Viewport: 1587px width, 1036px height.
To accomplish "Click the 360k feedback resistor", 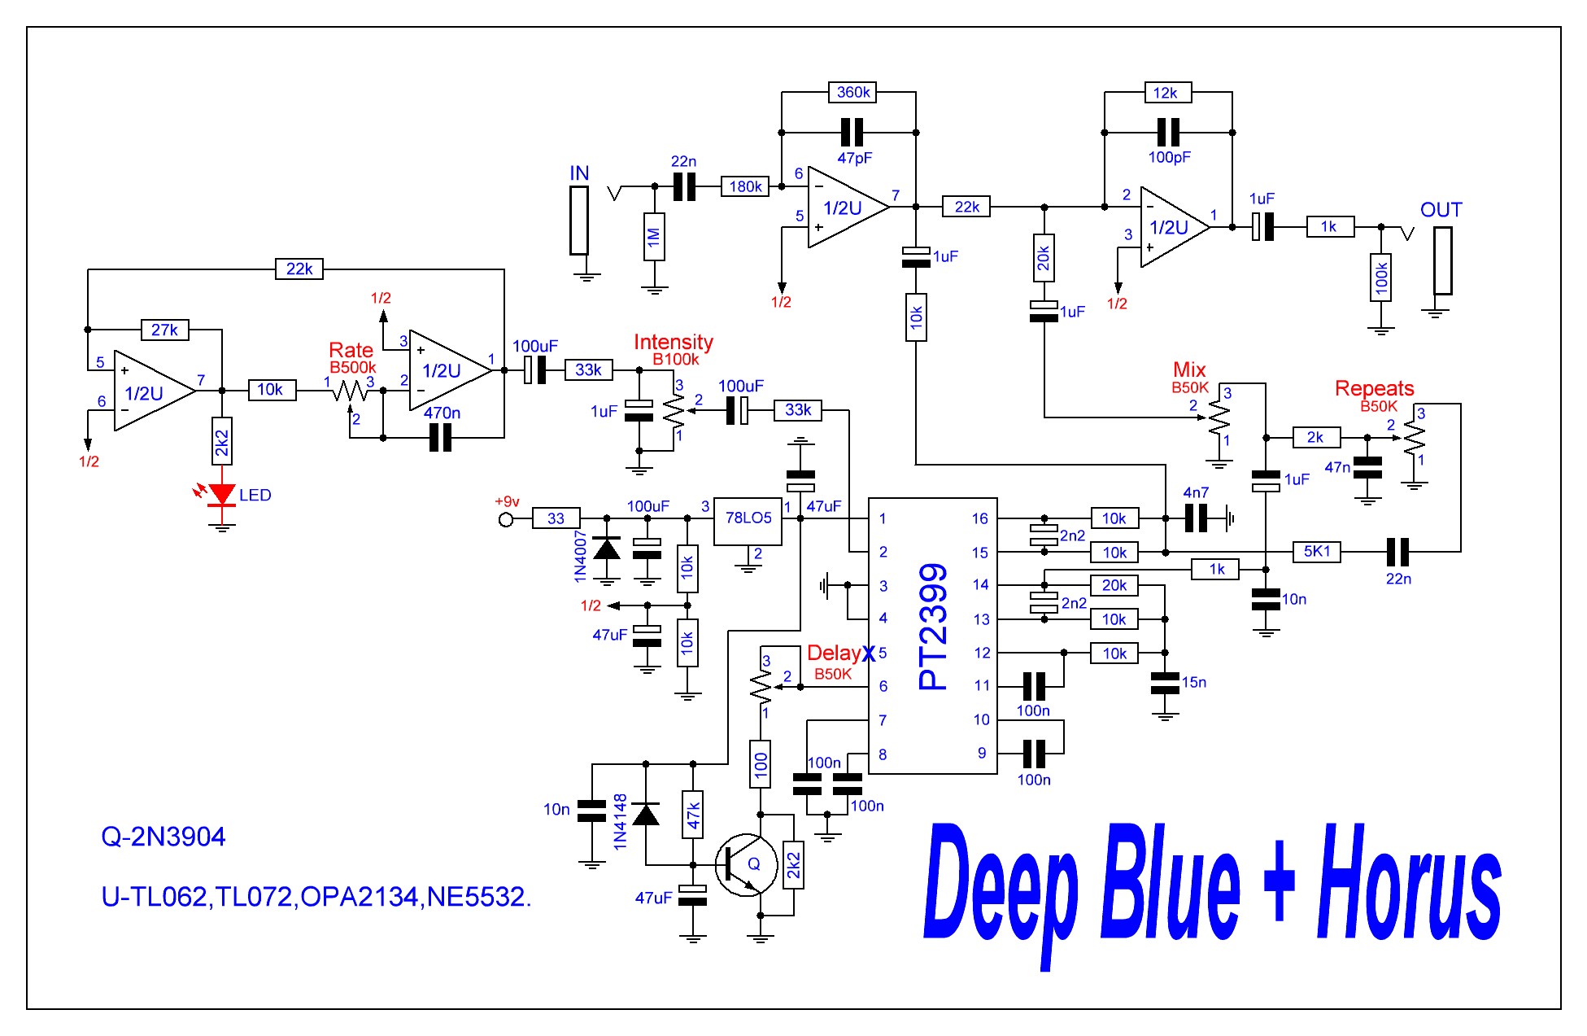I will tap(852, 93).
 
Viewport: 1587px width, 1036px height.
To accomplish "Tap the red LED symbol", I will tap(221, 494).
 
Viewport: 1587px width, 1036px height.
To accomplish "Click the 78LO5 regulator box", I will tap(748, 521).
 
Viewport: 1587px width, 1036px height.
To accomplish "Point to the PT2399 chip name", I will tap(933, 627).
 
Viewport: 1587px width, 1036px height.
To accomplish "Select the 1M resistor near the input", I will tap(654, 237).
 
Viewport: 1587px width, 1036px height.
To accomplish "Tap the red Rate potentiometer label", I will tap(351, 350).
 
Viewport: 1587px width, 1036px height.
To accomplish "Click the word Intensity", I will tap(673, 342).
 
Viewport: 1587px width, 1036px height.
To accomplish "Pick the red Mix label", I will tap(1189, 369).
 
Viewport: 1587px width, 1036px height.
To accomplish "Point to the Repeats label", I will tap(1374, 388).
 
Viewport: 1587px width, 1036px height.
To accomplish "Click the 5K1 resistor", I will tap(1316, 552).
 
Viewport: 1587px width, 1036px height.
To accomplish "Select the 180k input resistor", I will tap(745, 186).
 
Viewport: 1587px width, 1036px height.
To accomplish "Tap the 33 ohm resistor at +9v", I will tap(556, 518).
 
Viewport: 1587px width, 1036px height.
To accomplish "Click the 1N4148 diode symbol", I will tap(646, 814).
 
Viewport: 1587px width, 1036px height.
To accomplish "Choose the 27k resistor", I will tap(164, 330).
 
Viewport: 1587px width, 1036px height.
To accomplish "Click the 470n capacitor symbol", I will tap(439, 438).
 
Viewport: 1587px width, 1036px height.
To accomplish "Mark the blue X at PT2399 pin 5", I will tap(869, 653).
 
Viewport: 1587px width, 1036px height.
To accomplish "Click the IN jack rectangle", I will tap(578, 221).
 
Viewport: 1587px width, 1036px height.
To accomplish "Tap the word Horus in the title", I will tap(1409, 883).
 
